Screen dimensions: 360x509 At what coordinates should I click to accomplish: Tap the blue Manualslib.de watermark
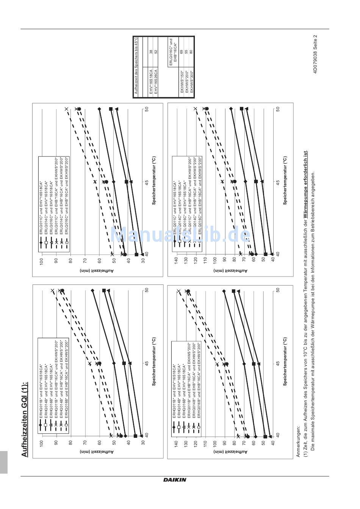pos(180,236)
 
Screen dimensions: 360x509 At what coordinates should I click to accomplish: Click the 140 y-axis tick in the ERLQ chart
pos(175,260)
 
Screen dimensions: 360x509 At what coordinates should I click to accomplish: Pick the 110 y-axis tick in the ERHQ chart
pos(205,442)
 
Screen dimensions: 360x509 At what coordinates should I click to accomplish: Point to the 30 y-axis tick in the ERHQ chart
pos(143,442)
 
